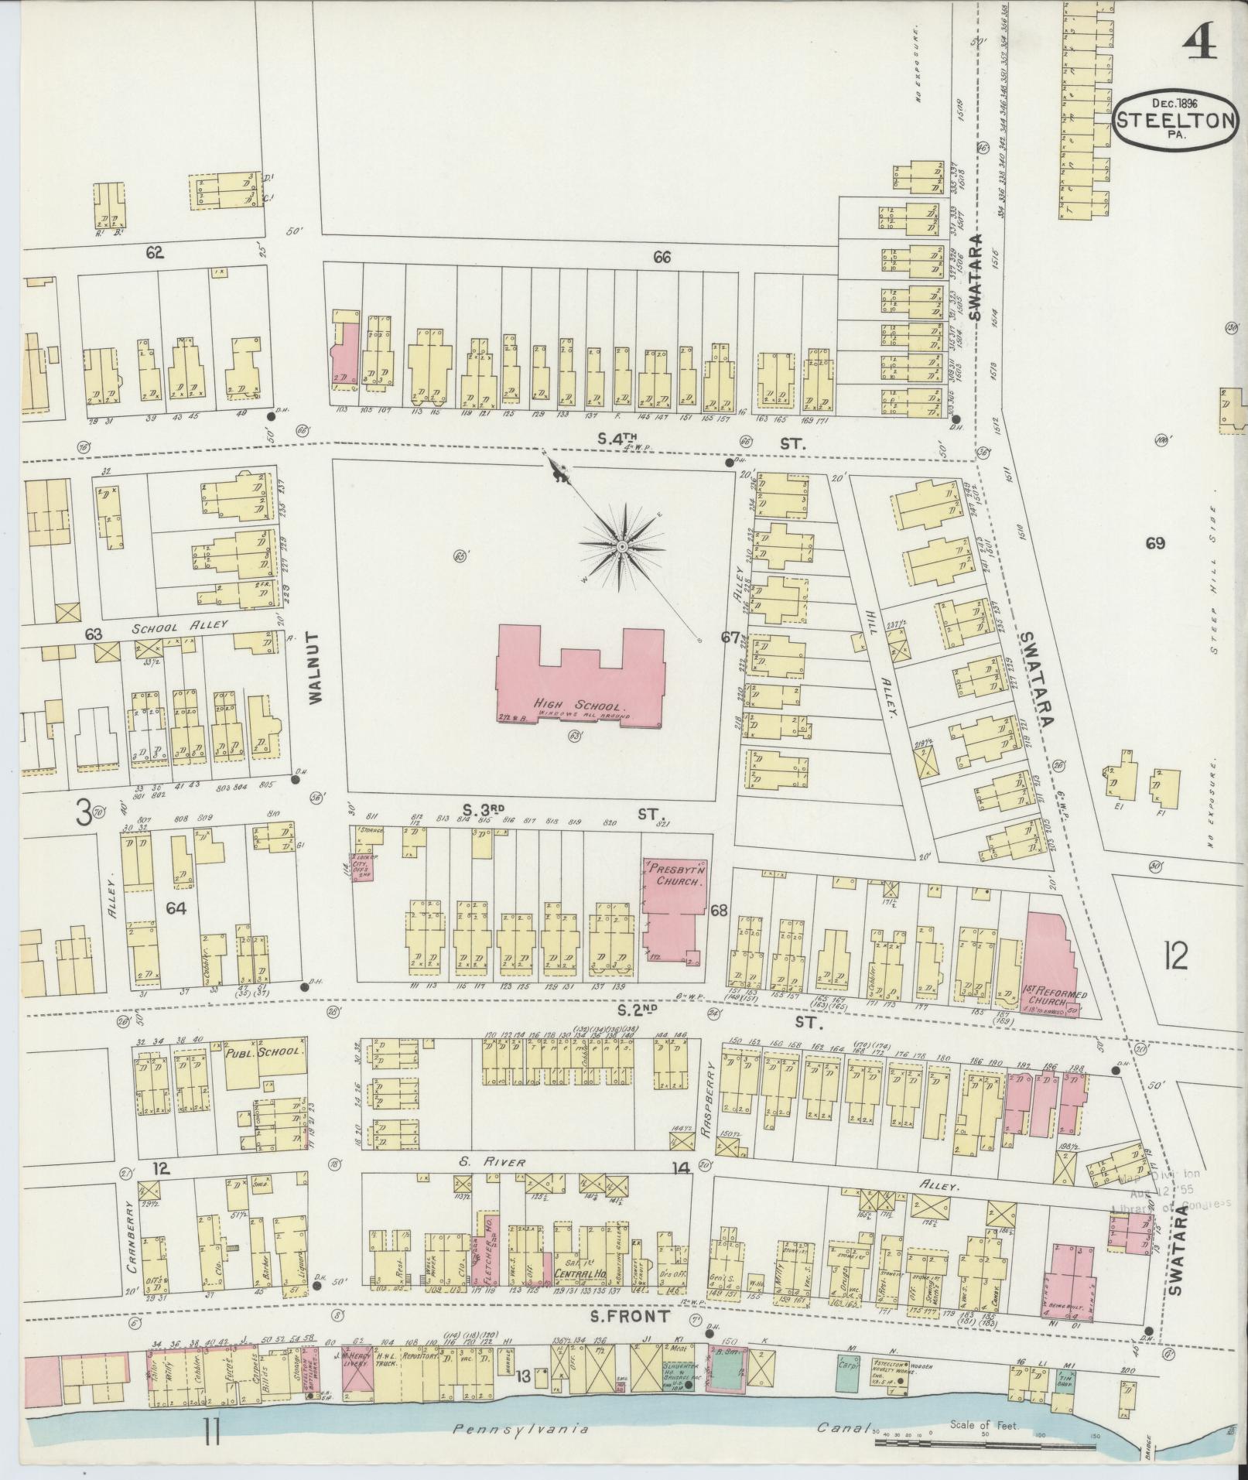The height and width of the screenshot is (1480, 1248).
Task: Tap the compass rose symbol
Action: tap(621, 547)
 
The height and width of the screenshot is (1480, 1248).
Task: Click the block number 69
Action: tap(1155, 543)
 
